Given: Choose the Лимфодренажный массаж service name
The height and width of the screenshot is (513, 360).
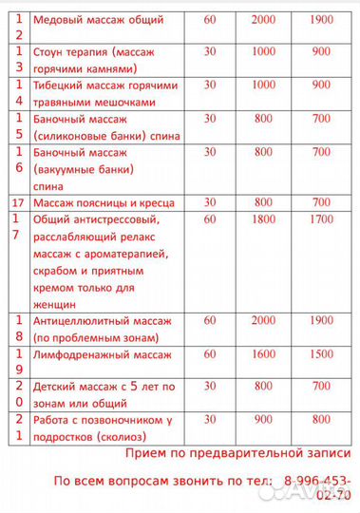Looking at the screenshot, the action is coord(102,353).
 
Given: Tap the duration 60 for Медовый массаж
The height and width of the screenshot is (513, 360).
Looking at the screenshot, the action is coord(210,19).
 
